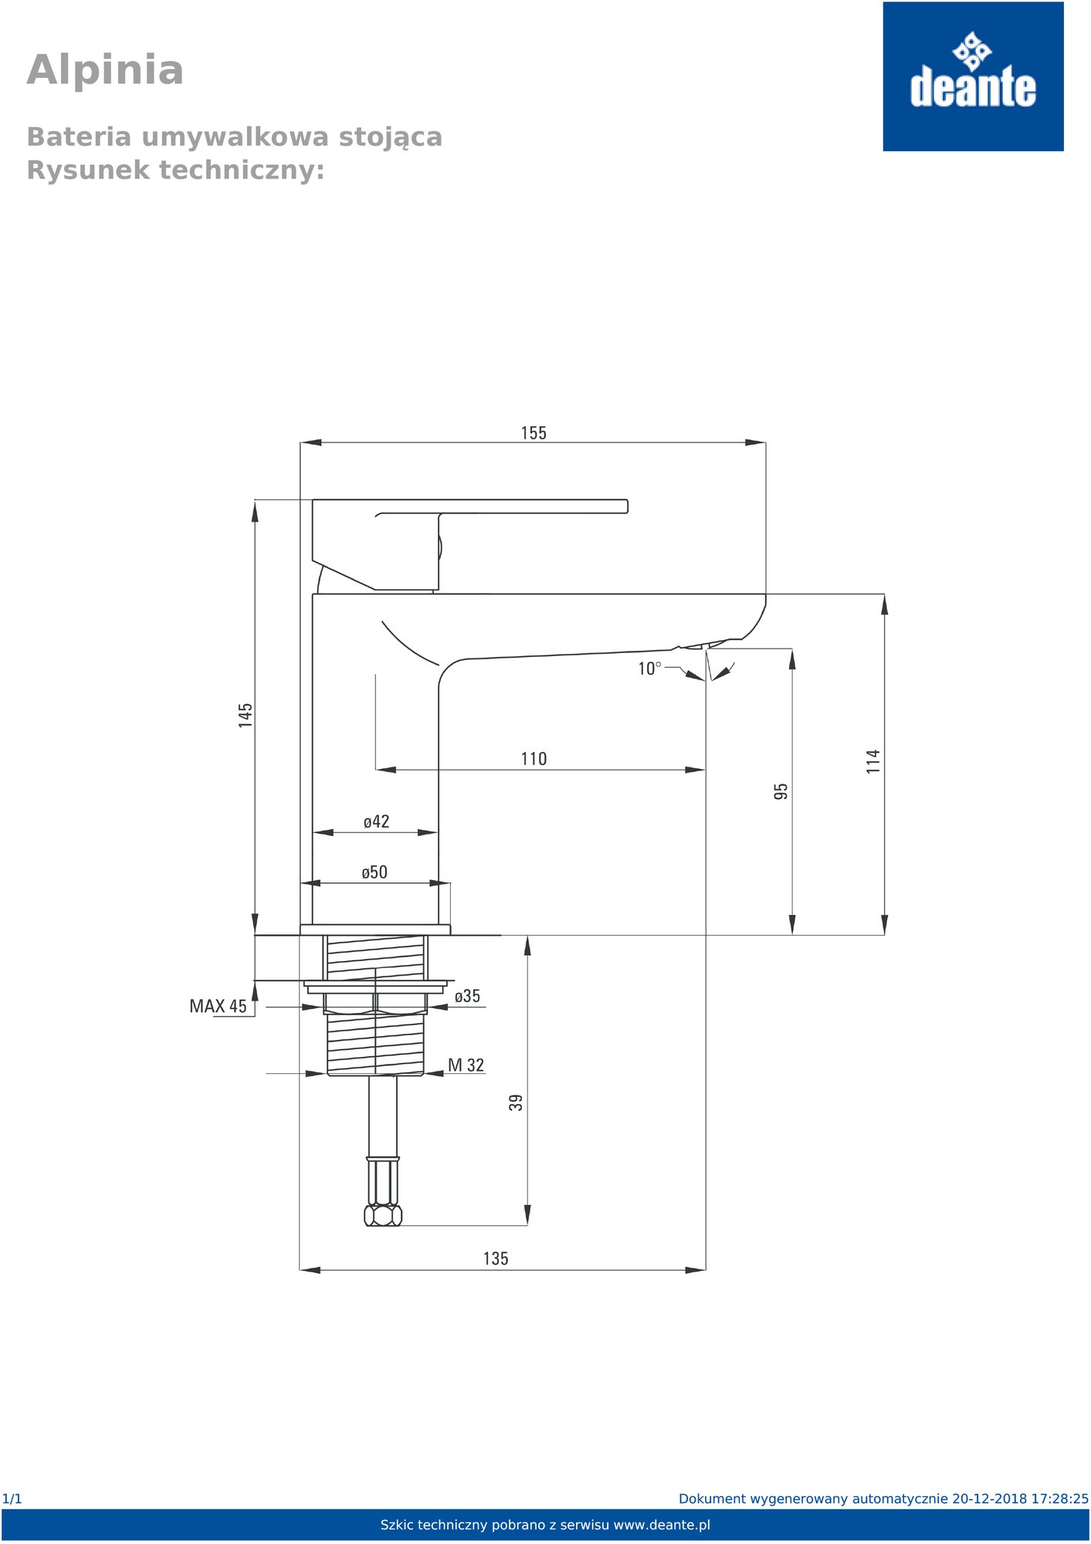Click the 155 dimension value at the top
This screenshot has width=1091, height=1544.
click(534, 433)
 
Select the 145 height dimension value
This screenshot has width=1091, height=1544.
click(246, 715)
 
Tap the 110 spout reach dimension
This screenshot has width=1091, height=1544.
click(534, 759)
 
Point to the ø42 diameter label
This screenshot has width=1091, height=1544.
click(377, 821)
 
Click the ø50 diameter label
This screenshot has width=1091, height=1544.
click(374, 872)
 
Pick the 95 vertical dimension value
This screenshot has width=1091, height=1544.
click(781, 791)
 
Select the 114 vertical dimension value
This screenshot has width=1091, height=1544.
click(872, 761)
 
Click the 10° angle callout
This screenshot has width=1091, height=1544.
click(649, 669)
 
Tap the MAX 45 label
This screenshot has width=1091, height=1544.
click(219, 1007)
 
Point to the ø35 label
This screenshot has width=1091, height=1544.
click(467, 996)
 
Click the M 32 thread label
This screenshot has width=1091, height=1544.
click(466, 1065)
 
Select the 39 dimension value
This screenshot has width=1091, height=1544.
click(516, 1102)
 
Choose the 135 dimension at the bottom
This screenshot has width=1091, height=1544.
click(496, 1259)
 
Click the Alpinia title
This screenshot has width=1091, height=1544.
click(105, 70)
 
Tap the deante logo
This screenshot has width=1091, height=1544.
click(973, 76)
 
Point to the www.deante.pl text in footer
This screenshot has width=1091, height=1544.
click(662, 1525)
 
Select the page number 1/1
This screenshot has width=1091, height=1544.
click(12, 1499)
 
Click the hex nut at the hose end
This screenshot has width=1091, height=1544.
click(383, 1216)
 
